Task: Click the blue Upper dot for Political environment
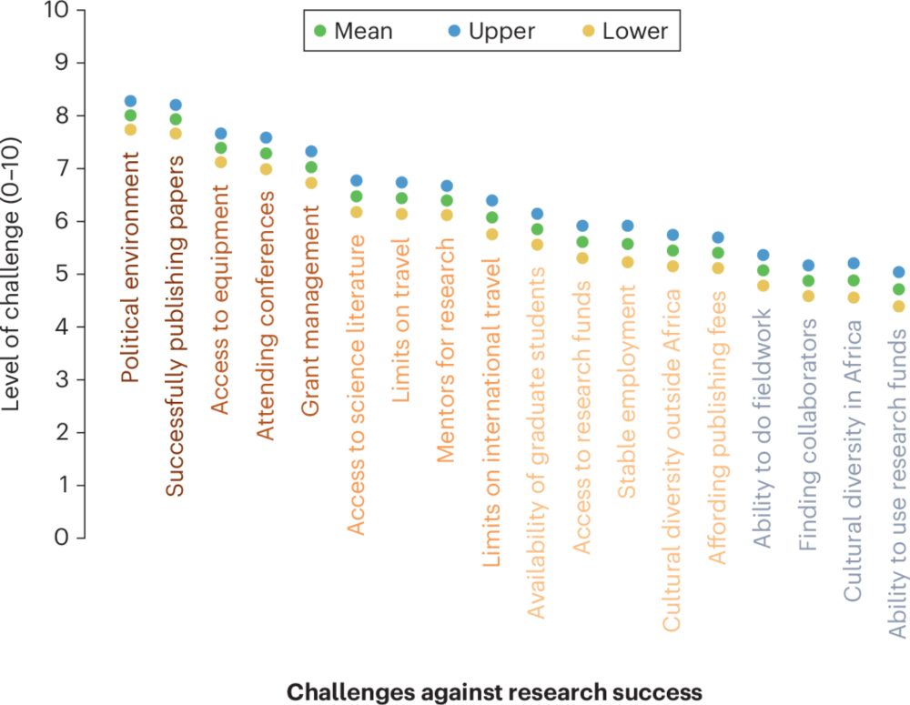(x=130, y=101)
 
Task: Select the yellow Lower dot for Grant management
(x=310, y=183)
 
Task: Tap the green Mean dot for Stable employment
(x=627, y=244)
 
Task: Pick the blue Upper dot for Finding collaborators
(x=807, y=266)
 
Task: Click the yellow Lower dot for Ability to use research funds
(x=898, y=307)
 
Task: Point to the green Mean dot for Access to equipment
(x=220, y=148)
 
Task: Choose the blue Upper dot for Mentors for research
(x=446, y=186)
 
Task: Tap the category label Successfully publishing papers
(x=176, y=326)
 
